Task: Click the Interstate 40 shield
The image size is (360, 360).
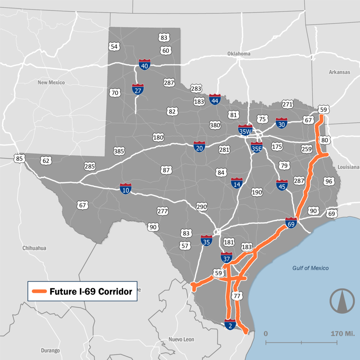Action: (144, 65)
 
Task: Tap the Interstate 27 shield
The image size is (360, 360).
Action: (137, 89)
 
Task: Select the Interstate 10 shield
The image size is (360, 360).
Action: (126, 189)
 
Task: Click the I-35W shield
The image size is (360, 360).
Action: (245, 130)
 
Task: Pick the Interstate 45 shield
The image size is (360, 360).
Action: (282, 185)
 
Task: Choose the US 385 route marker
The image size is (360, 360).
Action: (119, 152)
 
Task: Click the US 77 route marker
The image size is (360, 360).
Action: (237, 296)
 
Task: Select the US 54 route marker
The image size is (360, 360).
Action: (114, 46)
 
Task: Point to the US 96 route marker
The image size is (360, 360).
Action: (329, 181)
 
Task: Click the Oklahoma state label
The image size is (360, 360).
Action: (239, 54)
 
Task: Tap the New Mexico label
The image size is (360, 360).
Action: (51, 82)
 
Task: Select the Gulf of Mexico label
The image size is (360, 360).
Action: (310, 268)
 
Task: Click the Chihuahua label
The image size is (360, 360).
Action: (34, 248)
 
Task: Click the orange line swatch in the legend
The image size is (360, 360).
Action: (39, 291)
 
